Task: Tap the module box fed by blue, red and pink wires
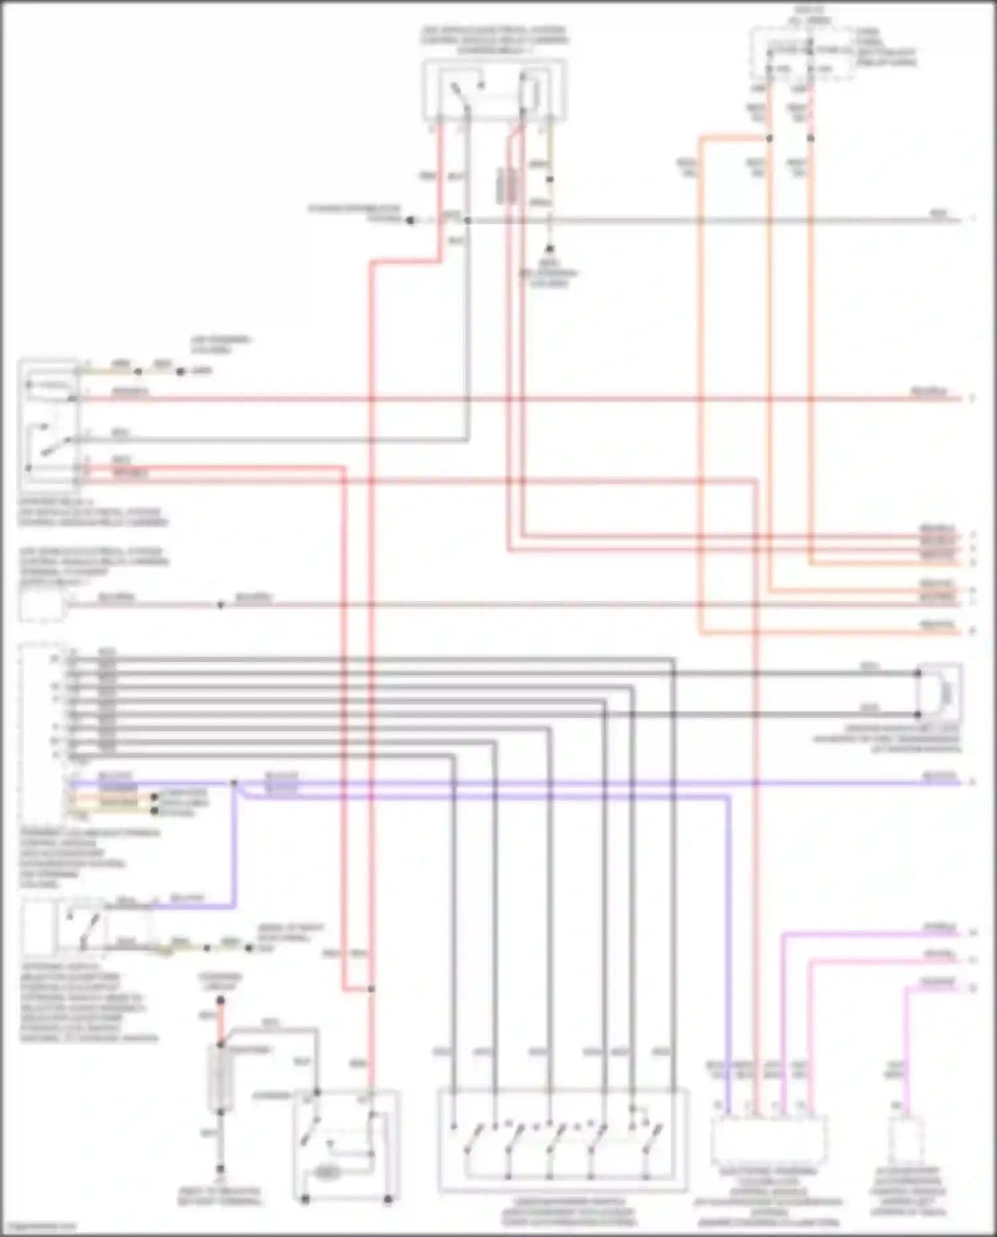click(x=769, y=1137)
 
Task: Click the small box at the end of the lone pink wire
click(x=907, y=1138)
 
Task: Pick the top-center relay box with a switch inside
click(x=495, y=91)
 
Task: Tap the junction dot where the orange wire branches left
click(x=770, y=138)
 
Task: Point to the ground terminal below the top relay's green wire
click(x=550, y=250)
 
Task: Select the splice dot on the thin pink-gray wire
click(x=221, y=605)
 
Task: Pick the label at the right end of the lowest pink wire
click(x=939, y=982)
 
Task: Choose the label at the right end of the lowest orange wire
click(x=939, y=625)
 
